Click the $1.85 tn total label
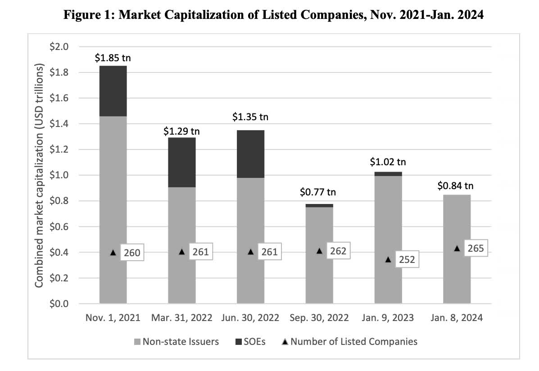pyautogui.click(x=113, y=58)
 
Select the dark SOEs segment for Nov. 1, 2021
pyautogui.click(x=113, y=91)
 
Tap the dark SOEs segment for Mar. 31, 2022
pyautogui.click(x=181, y=162)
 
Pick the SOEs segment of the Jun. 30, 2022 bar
pyautogui.click(x=250, y=154)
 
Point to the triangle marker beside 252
pyautogui.click(x=388, y=260)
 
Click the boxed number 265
pyautogui.click(x=476, y=248)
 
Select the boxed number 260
pyautogui.click(x=132, y=253)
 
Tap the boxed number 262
pyautogui.click(x=338, y=251)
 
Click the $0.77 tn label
pyautogui.click(x=318, y=192)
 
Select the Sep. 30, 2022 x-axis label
pyautogui.click(x=319, y=317)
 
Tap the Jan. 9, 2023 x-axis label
pyautogui.click(x=388, y=317)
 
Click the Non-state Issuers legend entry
pyautogui.click(x=176, y=341)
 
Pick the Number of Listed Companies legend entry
pyautogui.click(x=349, y=341)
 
